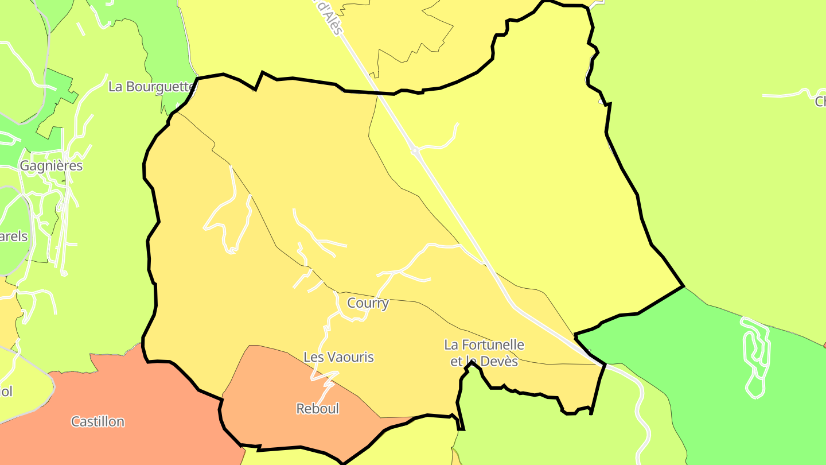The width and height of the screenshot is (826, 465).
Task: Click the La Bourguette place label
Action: [x=151, y=87]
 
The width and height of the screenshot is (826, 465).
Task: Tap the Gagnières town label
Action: [x=51, y=166]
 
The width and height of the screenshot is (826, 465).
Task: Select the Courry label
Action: [x=368, y=303]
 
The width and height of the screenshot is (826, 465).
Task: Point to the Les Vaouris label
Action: [x=338, y=357]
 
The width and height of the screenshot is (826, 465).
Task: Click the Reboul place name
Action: [x=317, y=409]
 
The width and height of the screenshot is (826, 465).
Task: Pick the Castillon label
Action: [x=98, y=422]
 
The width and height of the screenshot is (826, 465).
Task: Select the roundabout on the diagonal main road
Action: [x=414, y=151]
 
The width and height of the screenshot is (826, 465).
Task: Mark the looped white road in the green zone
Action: [x=756, y=356]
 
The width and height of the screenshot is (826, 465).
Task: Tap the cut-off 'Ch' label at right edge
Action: [x=820, y=102]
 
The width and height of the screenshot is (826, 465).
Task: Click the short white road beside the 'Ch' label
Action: [x=786, y=94]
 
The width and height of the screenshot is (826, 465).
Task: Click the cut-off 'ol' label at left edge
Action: [x=6, y=392]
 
